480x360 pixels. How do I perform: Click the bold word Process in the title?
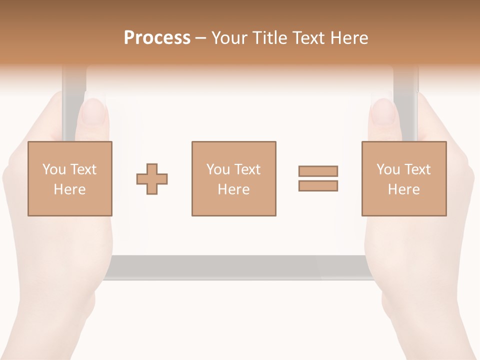[157, 38]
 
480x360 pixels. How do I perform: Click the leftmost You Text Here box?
[70, 178]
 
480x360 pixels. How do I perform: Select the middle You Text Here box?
[233, 178]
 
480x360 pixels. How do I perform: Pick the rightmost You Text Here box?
[403, 178]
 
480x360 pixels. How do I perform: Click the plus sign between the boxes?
[152, 178]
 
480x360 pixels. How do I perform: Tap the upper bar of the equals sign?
[318, 171]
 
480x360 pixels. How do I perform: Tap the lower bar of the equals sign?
[318, 186]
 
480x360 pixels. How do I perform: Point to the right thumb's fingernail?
[383, 111]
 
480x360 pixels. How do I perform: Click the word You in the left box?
[54, 169]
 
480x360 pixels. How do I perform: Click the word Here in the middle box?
[233, 189]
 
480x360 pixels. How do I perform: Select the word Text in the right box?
[416, 169]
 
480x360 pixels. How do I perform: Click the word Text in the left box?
[83, 169]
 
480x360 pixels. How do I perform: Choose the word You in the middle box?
[218, 169]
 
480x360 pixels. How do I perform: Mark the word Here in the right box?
[403, 189]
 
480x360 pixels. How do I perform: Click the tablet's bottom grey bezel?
[235, 267]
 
